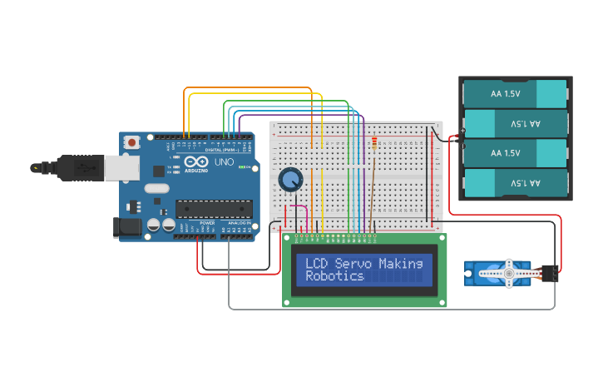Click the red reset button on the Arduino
(x=132, y=143)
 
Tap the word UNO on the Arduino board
(x=224, y=162)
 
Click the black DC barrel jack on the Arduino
(x=126, y=226)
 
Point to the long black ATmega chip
(x=213, y=213)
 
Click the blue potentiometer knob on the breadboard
(x=290, y=179)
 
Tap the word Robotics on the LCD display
(x=334, y=275)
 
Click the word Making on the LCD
(x=401, y=263)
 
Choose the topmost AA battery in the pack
(x=516, y=93)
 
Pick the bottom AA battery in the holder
(x=516, y=183)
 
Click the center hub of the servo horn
(x=508, y=273)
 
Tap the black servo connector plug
(x=548, y=272)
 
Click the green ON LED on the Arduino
(x=241, y=167)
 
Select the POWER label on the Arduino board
(x=207, y=224)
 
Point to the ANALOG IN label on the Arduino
(x=239, y=224)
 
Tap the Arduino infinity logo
(x=194, y=162)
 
